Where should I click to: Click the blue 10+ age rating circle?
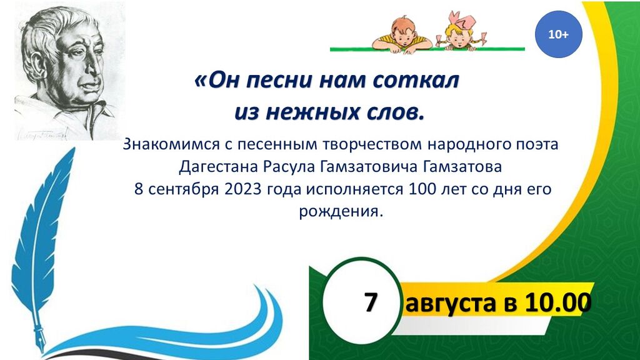point(558,34)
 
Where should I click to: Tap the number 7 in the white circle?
point(370,303)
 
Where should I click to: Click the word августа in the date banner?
point(450,304)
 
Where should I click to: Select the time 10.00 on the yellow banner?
point(558,302)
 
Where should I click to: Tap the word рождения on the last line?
point(341,212)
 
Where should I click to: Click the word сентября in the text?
point(181,190)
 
